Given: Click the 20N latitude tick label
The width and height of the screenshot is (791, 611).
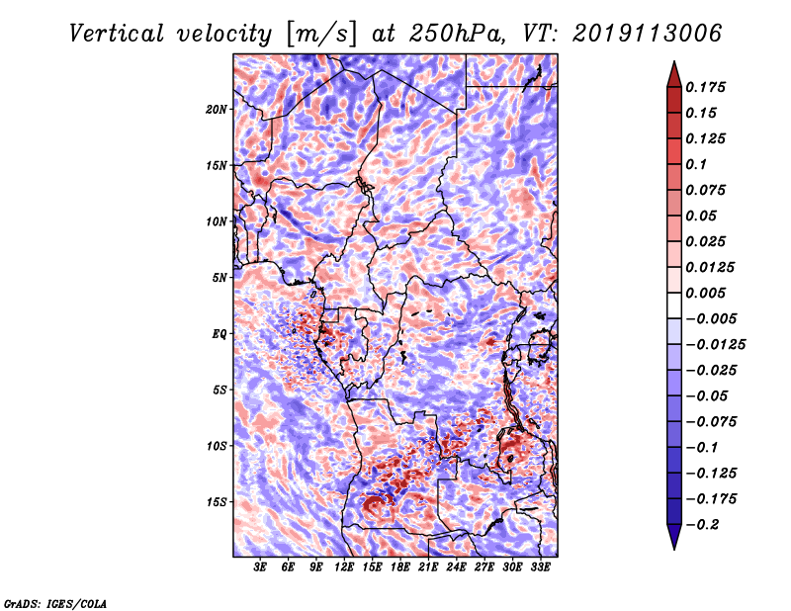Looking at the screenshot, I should (x=217, y=109).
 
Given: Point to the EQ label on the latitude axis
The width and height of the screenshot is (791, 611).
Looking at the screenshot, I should (x=219, y=333).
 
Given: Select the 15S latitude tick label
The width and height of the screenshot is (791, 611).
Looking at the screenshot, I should (x=217, y=501).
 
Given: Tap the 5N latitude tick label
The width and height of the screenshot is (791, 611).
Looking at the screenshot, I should (x=220, y=277).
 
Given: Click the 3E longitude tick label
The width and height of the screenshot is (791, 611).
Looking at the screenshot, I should (x=261, y=567).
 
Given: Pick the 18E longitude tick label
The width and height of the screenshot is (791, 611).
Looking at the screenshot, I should (x=400, y=567).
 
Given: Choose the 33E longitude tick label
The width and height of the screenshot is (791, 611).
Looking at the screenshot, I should (x=540, y=567).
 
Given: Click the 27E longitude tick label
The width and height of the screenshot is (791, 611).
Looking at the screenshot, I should (x=484, y=567).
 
